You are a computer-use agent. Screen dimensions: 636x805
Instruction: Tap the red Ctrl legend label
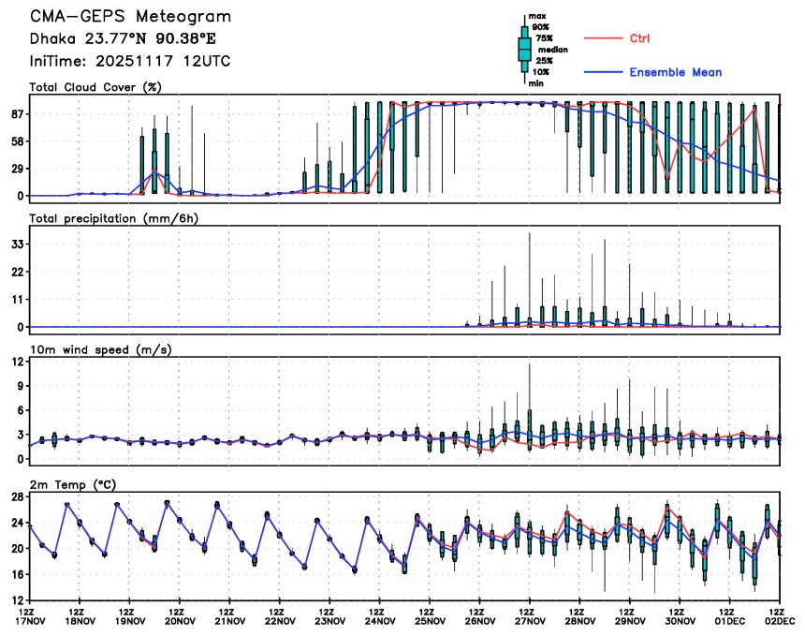(639, 38)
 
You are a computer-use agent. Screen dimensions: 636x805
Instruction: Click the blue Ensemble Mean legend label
(675, 72)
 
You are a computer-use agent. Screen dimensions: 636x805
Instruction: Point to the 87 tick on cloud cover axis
(17, 114)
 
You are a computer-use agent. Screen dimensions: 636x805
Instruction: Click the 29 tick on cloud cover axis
(17, 169)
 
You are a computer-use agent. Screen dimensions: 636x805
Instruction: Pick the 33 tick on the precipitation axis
(17, 244)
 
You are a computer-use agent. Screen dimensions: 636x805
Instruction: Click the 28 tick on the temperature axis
(17, 496)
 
